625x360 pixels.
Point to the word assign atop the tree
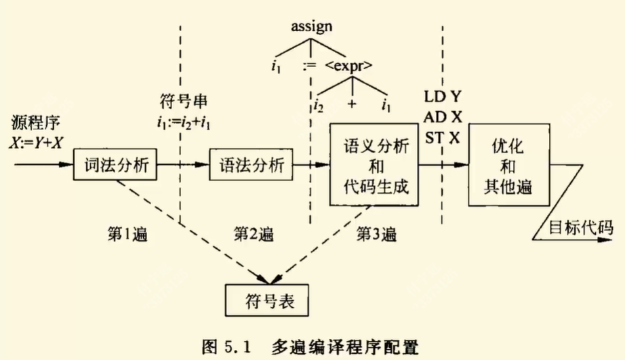point(312,28)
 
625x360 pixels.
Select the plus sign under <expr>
point(352,105)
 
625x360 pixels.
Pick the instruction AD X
point(443,116)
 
